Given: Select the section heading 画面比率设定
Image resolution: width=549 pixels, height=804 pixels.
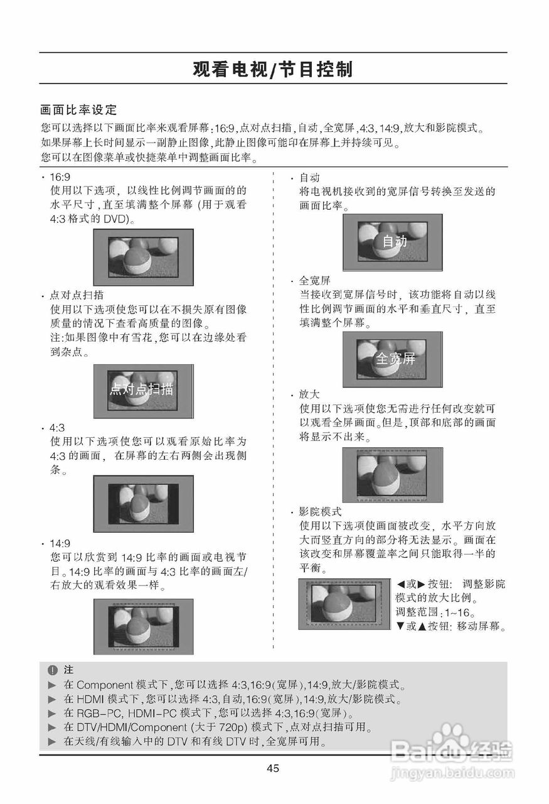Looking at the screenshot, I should pyautogui.click(x=78, y=110).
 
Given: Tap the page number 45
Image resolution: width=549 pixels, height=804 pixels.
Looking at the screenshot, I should pyautogui.click(x=273, y=768).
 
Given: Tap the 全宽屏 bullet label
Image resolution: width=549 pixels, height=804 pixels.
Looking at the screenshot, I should pyautogui.click(x=315, y=280).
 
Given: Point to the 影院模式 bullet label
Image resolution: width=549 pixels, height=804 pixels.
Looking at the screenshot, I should pyautogui.click(x=320, y=511).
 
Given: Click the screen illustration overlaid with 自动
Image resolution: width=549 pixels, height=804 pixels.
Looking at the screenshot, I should pyautogui.click(x=392, y=242).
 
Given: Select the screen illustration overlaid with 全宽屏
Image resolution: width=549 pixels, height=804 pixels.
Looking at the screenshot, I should pyautogui.click(x=392, y=359).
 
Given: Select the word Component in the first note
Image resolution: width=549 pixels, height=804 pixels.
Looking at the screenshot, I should pyautogui.click(x=105, y=685).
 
